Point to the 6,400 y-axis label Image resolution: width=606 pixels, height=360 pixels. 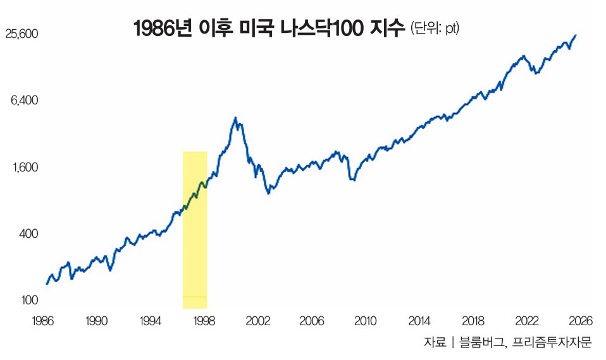[25, 101]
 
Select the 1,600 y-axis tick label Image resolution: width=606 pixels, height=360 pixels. [25, 168]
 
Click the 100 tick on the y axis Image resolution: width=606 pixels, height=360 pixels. [29, 300]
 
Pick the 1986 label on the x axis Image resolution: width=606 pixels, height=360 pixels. [42, 321]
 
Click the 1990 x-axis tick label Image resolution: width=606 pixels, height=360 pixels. [96, 321]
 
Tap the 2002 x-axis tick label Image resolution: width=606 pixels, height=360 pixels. [257, 321]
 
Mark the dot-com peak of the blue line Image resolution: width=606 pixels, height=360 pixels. [235, 118]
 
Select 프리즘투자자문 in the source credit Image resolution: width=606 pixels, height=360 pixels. [552, 342]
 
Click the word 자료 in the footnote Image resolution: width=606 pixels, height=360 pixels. [435, 342]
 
